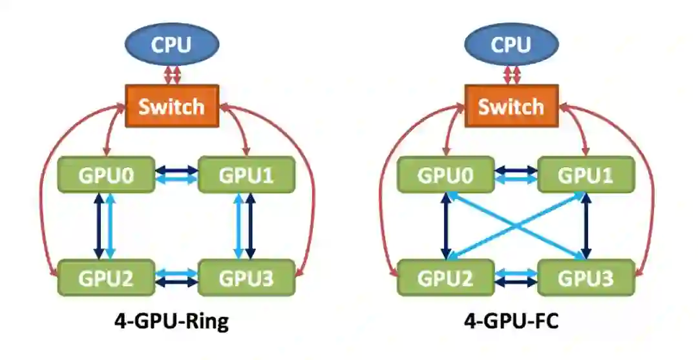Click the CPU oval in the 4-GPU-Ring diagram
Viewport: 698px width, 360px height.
pos(172,45)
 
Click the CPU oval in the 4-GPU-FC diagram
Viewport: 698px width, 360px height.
pos(511,45)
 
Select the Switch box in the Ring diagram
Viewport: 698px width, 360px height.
pos(172,106)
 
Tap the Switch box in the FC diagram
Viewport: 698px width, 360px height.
pos(511,106)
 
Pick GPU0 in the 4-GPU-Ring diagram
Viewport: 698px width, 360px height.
pos(106,175)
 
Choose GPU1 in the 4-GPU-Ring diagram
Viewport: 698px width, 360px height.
pos(246,175)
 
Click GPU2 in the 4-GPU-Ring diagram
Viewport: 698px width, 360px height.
pos(106,278)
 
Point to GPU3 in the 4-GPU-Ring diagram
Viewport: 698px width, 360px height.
pos(246,278)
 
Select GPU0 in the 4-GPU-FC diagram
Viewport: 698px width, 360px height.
pos(445,175)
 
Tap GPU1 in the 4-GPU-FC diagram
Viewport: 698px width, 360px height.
pos(585,175)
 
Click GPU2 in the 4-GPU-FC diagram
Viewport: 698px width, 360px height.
pos(445,278)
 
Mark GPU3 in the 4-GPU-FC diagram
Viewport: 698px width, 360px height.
pos(585,278)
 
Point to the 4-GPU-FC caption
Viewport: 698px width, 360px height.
pos(511,321)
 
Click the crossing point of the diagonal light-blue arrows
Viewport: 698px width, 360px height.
pos(515,226)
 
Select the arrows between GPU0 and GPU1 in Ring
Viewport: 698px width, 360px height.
pos(176,175)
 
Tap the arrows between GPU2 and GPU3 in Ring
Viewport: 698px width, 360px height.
pos(176,278)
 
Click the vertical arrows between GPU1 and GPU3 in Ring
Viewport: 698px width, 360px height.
pos(245,226)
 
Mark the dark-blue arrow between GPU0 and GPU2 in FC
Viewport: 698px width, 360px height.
pos(445,226)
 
